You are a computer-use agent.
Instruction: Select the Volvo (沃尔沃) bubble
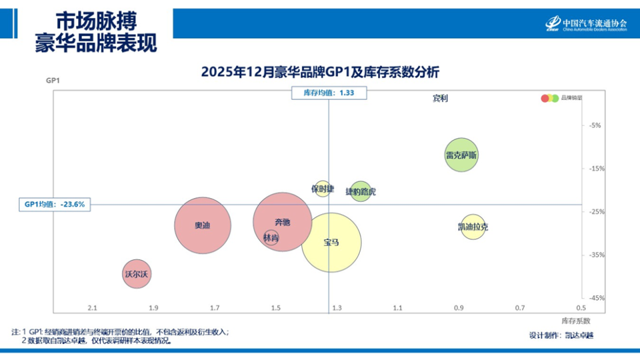point(137,274)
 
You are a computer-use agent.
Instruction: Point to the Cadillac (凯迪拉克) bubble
point(473,227)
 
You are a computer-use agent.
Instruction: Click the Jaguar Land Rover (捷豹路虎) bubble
point(361,191)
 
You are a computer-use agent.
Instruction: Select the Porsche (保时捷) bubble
point(322,189)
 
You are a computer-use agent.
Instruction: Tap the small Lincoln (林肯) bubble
point(271,238)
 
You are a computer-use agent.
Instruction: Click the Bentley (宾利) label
point(440,99)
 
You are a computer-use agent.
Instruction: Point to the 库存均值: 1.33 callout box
point(328,93)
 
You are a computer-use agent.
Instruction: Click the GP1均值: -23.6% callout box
point(55,205)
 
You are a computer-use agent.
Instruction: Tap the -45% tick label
point(595,298)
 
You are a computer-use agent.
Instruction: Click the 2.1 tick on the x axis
point(93,308)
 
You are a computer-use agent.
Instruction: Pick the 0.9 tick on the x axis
point(459,308)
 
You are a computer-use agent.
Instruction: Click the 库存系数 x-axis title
point(576,320)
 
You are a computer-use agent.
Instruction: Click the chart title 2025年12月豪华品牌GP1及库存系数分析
point(320,72)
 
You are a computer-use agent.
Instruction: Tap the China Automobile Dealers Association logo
point(586,23)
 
